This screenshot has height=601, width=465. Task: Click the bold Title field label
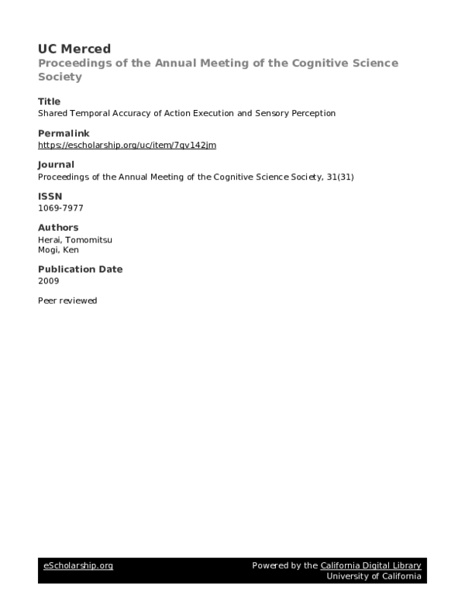click(x=49, y=101)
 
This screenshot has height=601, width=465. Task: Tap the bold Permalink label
click(x=61, y=133)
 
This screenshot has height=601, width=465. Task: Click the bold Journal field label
click(x=56, y=164)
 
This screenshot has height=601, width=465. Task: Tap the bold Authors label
click(x=58, y=227)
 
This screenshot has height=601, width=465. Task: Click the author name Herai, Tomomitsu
click(x=75, y=239)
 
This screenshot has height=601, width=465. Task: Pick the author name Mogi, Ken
click(x=59, y=250)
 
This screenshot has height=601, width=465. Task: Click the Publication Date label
click(x=80, y=269)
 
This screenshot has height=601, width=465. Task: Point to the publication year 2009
click(x=48, y=280)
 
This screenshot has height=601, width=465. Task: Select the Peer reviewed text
click(x=67, y=300)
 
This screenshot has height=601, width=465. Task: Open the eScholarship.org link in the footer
click(x=77, y=566)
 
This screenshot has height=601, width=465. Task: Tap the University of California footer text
click(x=374, y=577)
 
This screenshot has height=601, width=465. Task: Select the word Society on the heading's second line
click(x=60, y=77)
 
